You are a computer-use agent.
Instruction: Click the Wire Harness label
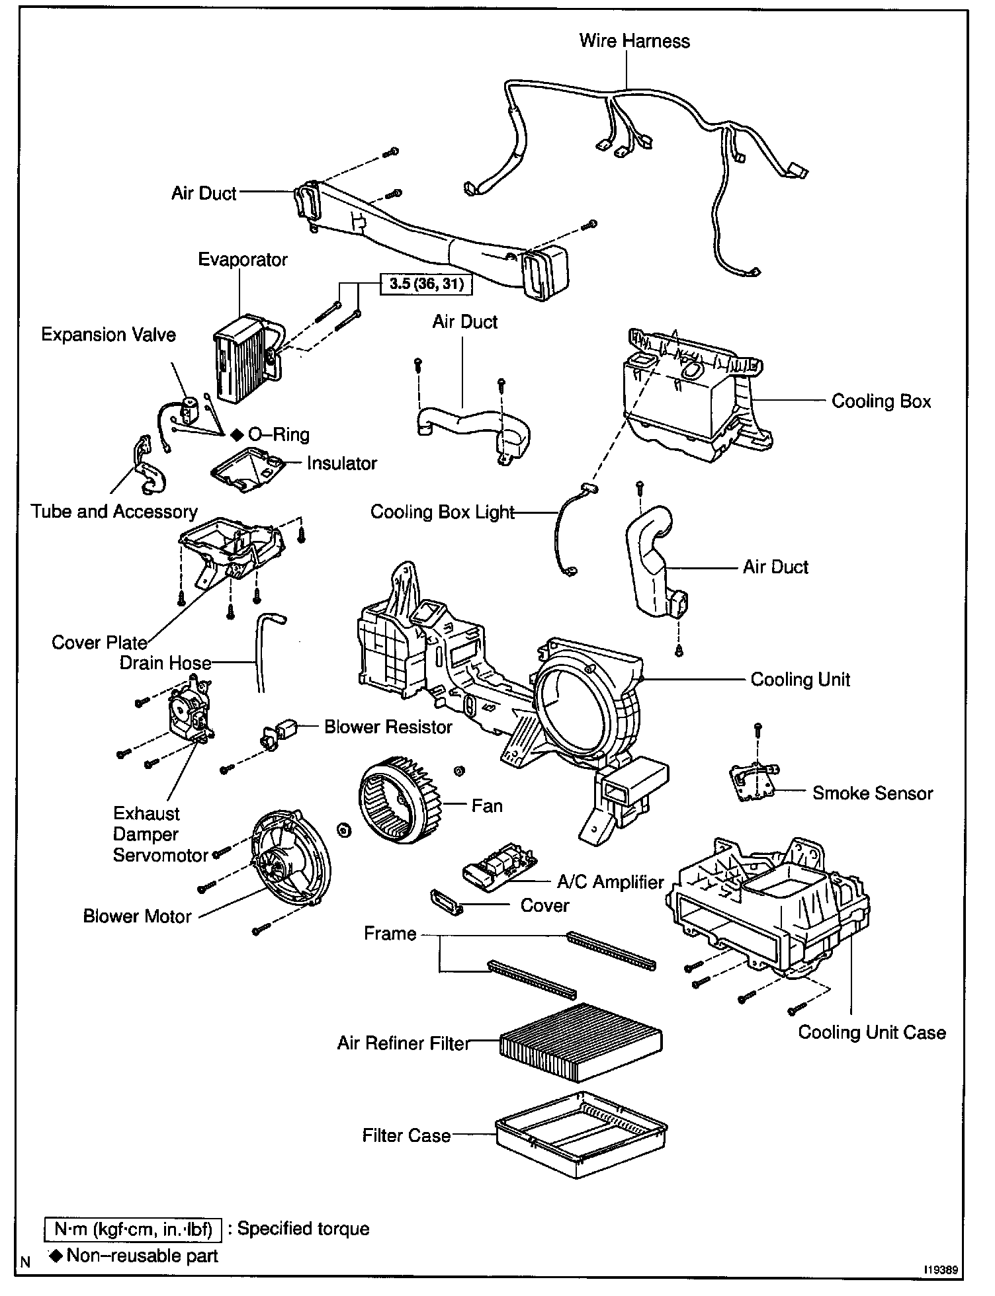(634, 41)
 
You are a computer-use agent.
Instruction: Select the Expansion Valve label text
(108, 335)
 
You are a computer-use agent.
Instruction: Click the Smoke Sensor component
(754, 782)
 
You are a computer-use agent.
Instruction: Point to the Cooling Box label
(881, 401)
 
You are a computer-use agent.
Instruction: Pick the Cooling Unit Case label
(872, 1032)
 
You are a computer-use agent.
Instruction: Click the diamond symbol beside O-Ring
(237, 434)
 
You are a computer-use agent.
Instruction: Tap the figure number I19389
(941, 1270)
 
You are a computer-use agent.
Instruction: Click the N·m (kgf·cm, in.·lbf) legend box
(133, 1229)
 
